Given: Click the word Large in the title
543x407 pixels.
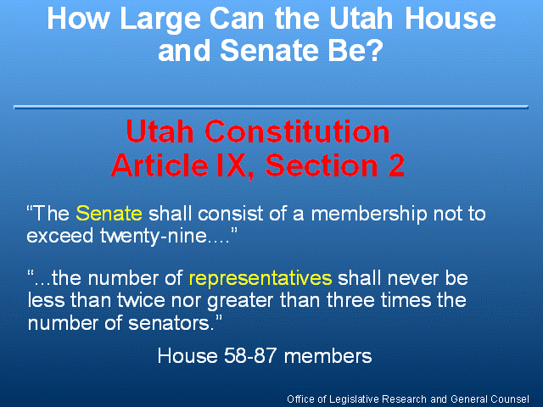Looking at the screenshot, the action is click(x=160, y=20).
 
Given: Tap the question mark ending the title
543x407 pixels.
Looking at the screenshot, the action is click(x=374, y=51).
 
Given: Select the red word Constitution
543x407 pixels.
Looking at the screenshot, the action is click(x=297, y=131).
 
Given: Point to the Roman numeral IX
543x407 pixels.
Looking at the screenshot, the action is click(x=234, y=165).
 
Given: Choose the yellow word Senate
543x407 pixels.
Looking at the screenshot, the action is click(x=109, y=213).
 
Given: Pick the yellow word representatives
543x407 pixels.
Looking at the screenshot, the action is click(x=260, y=279).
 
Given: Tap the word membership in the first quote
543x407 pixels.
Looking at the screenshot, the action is click(x=369, y=213).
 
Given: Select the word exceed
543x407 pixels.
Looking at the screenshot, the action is click(x=60, y=236).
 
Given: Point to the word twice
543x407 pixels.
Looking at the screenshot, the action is click(x=141, y=300).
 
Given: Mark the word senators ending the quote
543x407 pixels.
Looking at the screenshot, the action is click(x=171, y=323).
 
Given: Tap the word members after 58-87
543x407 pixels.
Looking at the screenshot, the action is click(x=327, y=356).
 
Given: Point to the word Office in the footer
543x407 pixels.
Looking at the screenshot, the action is click(x=300, y=399).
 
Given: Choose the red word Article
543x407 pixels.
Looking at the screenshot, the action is click(x=160, y=165).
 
